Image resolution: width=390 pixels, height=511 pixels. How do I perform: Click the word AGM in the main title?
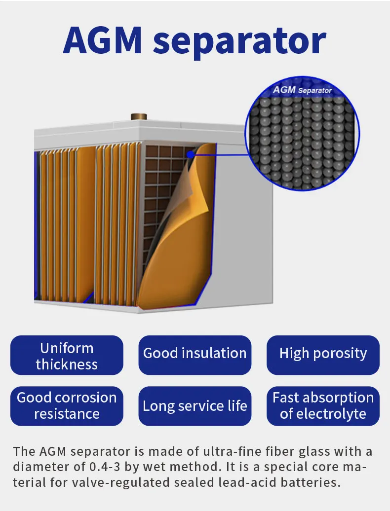tap(103, 41)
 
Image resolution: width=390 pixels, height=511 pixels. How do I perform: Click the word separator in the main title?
tap(239, 42)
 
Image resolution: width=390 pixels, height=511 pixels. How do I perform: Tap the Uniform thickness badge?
tap(67, 356)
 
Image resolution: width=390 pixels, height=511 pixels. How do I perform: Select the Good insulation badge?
tap(195, 353)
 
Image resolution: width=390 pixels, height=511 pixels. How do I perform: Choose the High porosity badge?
tap(323, 353)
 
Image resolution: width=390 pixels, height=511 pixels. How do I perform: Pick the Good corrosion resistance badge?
tap(67, 405)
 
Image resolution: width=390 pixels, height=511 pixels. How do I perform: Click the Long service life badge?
tap(195, 406)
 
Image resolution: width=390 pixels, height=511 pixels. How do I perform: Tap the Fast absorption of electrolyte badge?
tap(323, 405)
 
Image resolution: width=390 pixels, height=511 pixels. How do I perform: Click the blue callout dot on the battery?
tap(190, 154)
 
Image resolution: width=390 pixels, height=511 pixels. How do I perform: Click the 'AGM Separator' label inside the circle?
tap(302, 90)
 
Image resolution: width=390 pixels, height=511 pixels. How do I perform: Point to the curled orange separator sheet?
tap(170, 256)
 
